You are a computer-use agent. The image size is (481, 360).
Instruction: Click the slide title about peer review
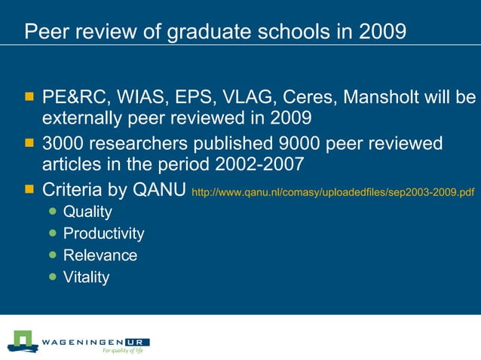coord(215,32)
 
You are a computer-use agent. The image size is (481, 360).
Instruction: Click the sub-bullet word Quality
coord(87,212)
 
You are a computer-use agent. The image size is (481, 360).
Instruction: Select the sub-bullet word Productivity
coord(103,233)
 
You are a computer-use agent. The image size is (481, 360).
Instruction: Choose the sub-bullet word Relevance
coord(100,255)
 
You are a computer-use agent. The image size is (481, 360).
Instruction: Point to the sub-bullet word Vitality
coord(86,277)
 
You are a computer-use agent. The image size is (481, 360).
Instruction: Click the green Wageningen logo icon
coord(23,340)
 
